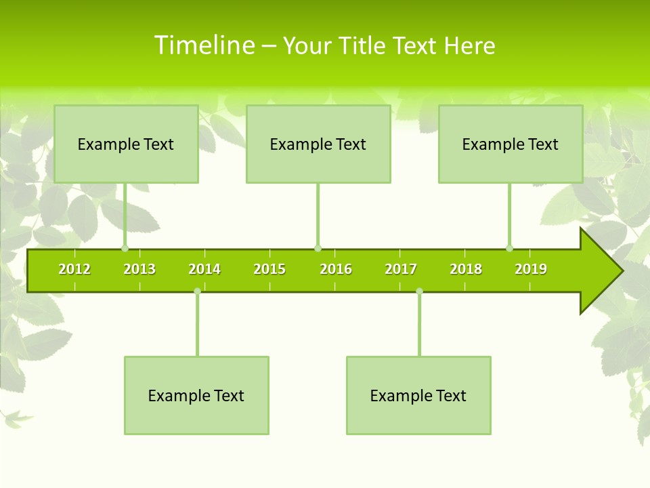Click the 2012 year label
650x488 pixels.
[74, 269]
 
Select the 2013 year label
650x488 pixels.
[139, 269]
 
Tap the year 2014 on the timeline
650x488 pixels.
[204, 269]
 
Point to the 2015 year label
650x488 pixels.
[269, 269]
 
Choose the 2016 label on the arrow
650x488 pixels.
[336, 269]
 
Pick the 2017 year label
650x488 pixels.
[401, 269]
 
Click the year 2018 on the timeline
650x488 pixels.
[466, 269]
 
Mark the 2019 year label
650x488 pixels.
[531, 269]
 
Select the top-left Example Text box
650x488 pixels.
[126, 144]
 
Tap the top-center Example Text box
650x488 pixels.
[318, 144]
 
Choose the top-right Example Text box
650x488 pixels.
[511, 144]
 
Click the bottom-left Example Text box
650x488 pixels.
[196, 395]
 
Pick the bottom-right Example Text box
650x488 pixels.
[418, 395]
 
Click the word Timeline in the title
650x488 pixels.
[204, 45]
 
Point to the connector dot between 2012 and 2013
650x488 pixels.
[125, 248]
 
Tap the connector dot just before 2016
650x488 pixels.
[318, 248]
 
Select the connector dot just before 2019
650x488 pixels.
[509, 248]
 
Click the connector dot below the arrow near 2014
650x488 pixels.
[197, 291]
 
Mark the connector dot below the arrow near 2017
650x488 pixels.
[419, 291]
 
